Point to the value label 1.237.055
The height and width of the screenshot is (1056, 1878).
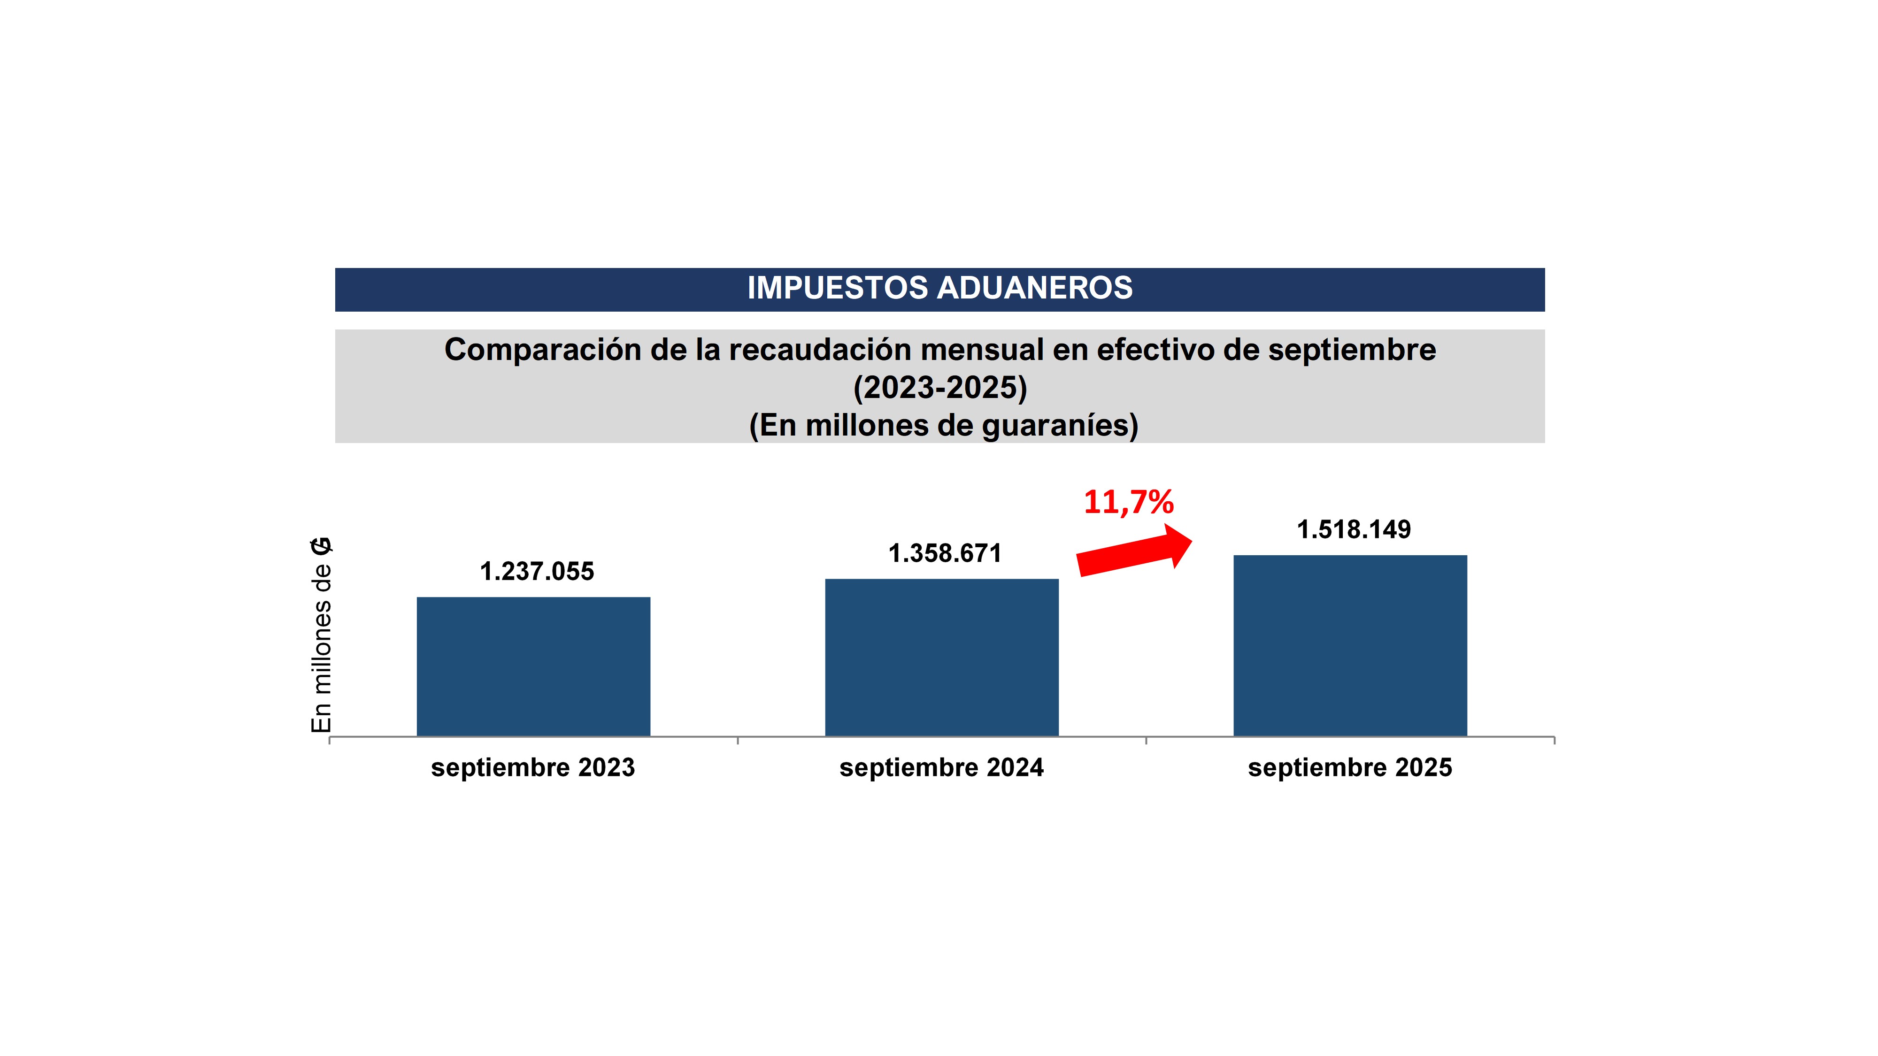click(x=537, y=571)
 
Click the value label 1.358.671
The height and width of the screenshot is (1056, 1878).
click(x=945, y=554)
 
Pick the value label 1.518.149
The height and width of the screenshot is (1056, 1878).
click(x=1353, y=530)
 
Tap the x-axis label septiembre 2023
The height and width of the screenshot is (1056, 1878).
click(x=533, y=767)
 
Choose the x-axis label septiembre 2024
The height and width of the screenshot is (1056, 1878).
click(x=941, y=767)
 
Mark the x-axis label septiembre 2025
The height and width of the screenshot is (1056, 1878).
click(x=1349, y=767)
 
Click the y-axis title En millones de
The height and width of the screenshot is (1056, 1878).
click(x=322, y=649)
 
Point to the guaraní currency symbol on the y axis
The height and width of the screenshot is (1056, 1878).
click(x=322, y=547)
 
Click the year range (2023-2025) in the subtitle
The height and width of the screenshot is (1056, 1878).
click(x=940, y=388)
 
